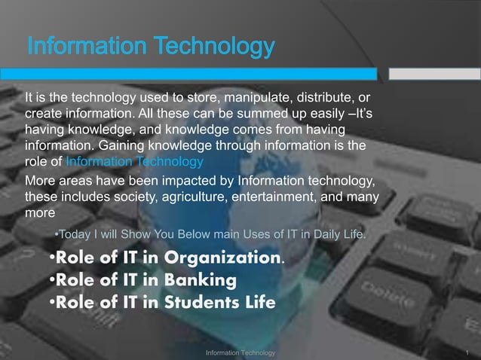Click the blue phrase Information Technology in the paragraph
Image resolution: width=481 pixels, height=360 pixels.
(135, 161)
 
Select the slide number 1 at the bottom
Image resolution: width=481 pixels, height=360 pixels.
(468, 352)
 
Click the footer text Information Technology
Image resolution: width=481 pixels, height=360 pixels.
(240, 352)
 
